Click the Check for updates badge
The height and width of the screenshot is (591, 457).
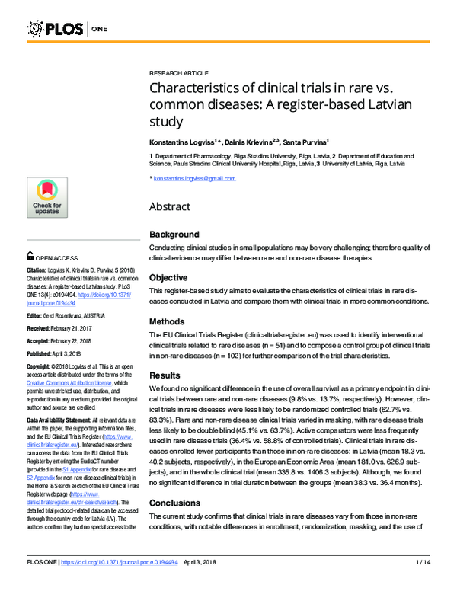pos(46,197)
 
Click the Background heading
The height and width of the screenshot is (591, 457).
pos(174,234)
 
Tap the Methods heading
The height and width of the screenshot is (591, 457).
pos(168,322)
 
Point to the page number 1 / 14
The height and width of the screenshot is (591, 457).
pos(423,583)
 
